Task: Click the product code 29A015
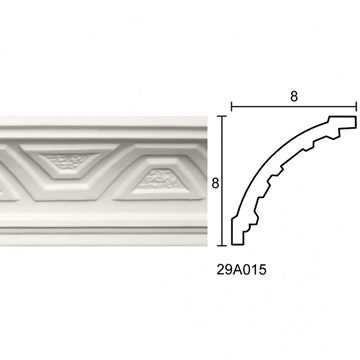(242, 270)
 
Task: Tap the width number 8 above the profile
(294, 96)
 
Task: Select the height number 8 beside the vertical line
(215, 183)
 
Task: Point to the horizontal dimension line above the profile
(294, 107)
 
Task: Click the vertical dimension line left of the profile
(222, 181)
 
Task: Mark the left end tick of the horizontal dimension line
(232, 107)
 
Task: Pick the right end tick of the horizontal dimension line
(356, 107)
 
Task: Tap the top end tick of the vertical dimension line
(222, 116)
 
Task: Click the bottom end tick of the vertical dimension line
(222, 245)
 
